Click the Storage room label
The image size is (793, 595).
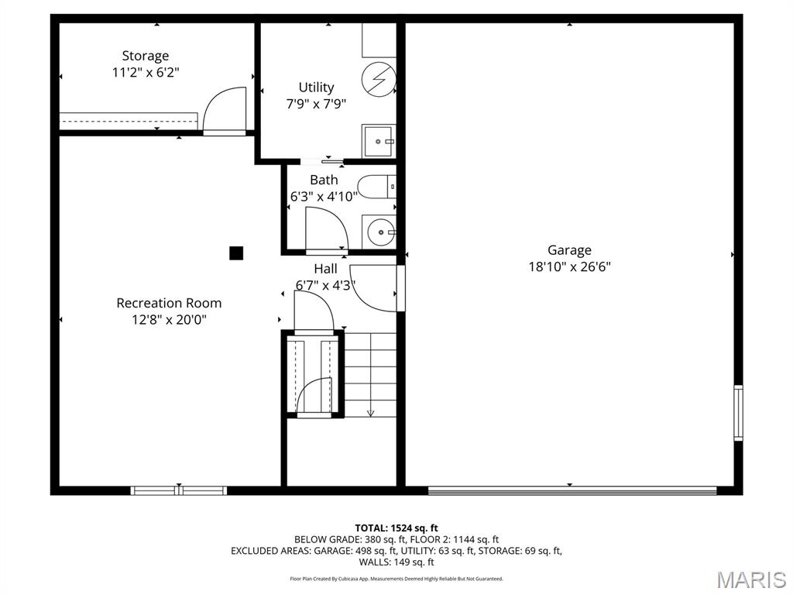pos(145,56)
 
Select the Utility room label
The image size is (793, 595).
pos(316,87)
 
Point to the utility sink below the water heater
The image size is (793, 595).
pos(379,142)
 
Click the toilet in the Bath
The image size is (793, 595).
pos(379,187)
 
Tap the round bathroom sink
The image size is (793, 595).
pos(380,232)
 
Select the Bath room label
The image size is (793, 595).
pos(324,180)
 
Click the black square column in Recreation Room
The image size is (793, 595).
pos(236,253)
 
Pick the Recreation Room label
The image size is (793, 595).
pos(169,303)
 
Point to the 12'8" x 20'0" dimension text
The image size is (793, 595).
pos(169,319)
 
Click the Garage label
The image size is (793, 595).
pos(569,249)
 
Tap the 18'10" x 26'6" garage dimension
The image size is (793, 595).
pos(569,267)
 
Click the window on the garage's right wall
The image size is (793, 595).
pos(738,412)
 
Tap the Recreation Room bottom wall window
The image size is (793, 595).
pos(179,490)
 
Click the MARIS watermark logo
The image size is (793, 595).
pos(750,579)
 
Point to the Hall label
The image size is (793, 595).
pos(325,269)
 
